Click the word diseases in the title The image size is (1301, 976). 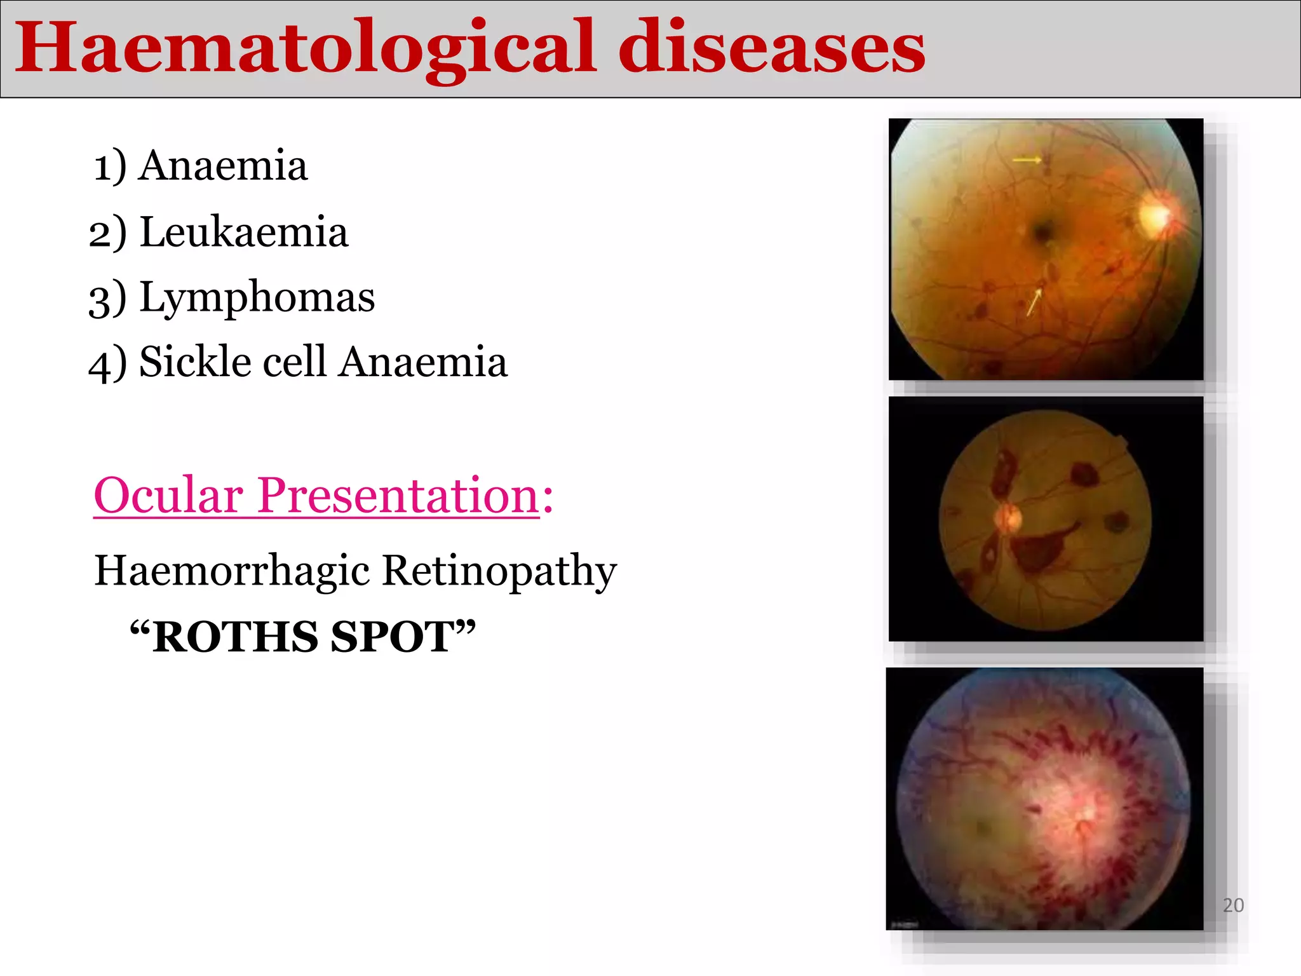coord(771,48)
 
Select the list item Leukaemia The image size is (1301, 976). coord(243,232)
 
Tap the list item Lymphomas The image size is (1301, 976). coord(257,297)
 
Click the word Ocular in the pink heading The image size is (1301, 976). coord(168,495)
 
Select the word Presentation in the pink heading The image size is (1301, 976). coord(399,495)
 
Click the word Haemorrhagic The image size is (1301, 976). coord(232,570)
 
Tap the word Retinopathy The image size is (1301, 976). coord(499,571)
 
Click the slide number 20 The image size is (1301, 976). coord(1233,905)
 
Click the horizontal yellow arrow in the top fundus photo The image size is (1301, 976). coord(1027,159)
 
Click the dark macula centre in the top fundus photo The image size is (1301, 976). coord(1043,230)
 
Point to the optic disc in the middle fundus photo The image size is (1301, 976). coord(1007,518)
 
